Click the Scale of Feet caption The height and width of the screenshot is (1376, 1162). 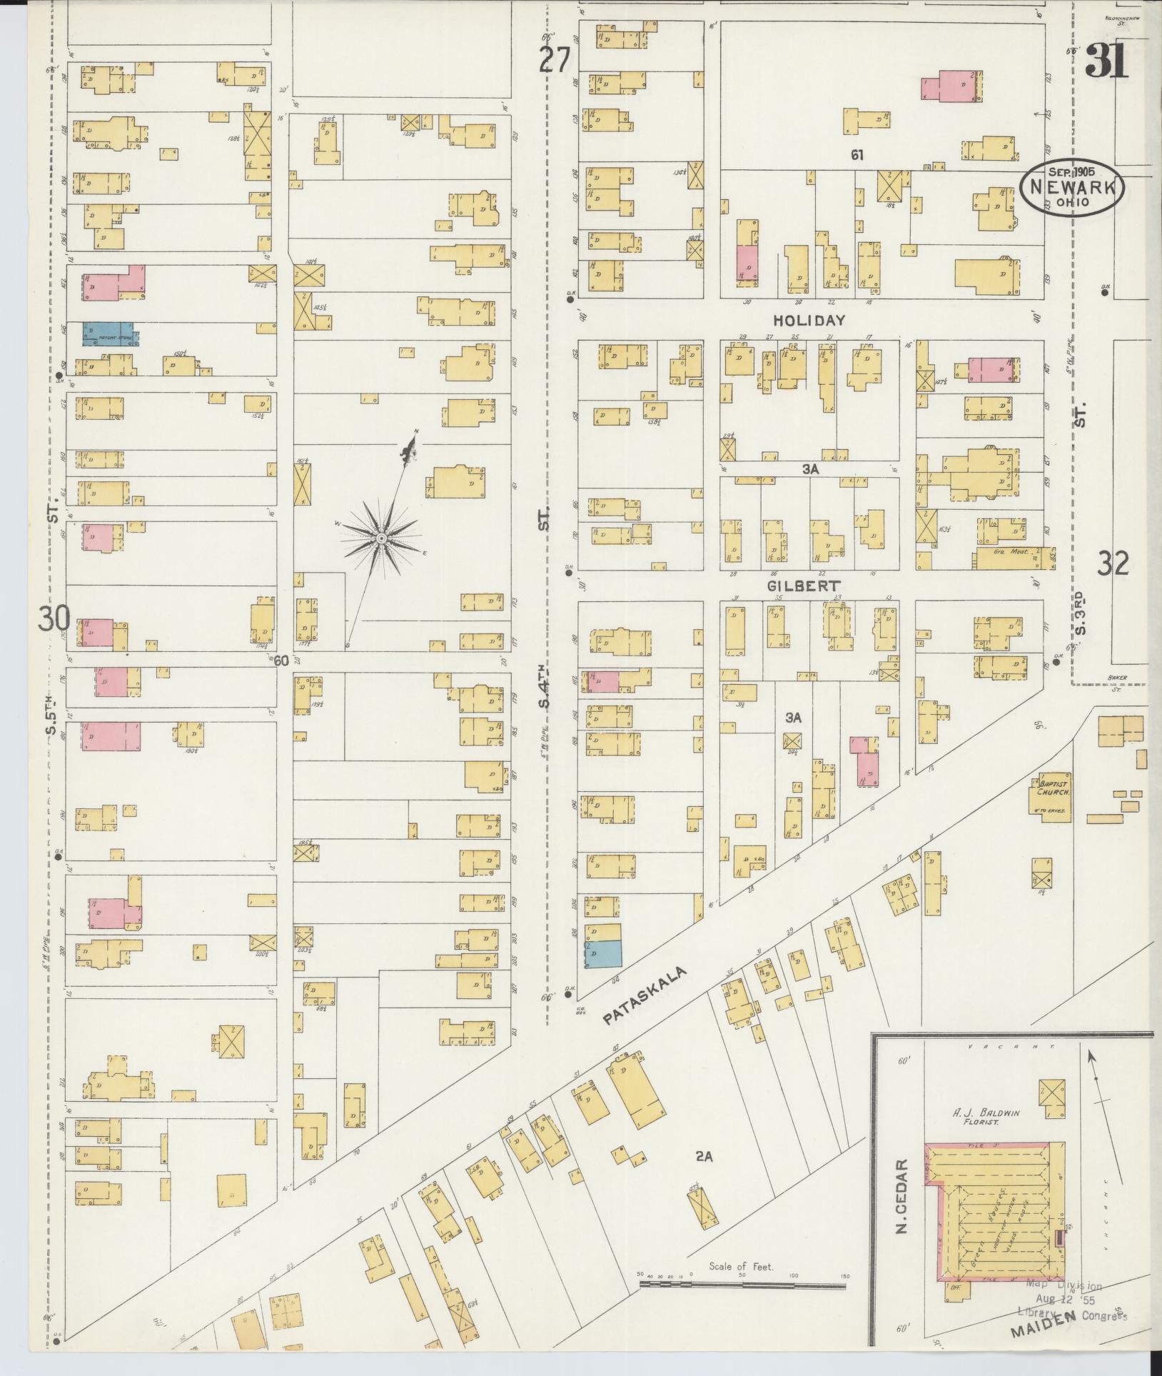point(742,1267)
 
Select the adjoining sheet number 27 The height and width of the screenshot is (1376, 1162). point(555,60)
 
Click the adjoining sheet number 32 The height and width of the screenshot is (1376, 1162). point(1113,565)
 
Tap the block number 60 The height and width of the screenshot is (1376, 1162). point(281,661)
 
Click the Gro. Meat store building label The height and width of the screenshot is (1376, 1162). point(1012,552)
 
